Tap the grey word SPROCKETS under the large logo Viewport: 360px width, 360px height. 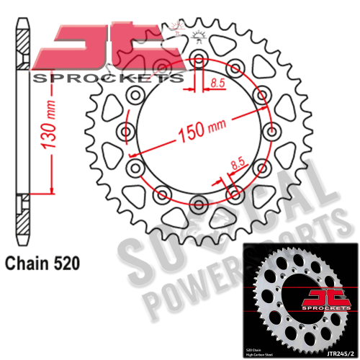tap(108, 78)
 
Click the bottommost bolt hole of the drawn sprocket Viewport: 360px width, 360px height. tap(198, 201)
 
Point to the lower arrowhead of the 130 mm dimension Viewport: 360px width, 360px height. tap(50, 190)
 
